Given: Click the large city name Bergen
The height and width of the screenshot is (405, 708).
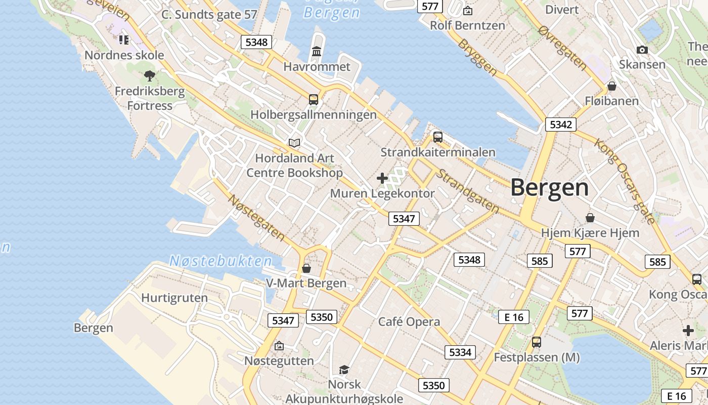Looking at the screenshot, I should [549, 188].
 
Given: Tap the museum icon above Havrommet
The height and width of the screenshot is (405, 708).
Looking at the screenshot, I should [317, 51].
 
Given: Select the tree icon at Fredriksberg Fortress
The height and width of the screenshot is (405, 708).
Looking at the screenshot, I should [149, 76].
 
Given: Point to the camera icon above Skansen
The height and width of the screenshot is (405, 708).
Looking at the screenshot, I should [642, 50].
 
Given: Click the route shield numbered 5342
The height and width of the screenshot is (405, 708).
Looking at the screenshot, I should [561, 125].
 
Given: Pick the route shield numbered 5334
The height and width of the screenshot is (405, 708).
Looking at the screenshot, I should [460, 352].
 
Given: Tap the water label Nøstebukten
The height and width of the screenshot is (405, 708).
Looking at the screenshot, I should [220, 261].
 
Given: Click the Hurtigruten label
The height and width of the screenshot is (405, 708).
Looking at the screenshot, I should [174, 298].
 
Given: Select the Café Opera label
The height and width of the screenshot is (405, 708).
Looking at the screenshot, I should [409, 321].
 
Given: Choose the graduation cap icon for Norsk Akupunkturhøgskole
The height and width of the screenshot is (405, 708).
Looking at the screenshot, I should [344, 370].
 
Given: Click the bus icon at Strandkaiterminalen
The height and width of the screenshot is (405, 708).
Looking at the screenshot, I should [438, 137].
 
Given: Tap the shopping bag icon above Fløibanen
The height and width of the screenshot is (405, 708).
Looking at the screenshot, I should [612, 86].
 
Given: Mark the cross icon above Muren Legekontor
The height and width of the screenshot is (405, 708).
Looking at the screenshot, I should [382, 178].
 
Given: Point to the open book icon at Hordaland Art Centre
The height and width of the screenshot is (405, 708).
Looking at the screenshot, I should [294, 143].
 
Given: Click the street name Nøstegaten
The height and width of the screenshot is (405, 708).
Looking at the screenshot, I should [256, 217].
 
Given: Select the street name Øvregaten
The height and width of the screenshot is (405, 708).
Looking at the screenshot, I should [563, 48].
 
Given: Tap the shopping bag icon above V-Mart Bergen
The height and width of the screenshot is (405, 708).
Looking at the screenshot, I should [306, 268].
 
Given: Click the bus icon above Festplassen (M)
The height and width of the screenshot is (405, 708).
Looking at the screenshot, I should [537, 342].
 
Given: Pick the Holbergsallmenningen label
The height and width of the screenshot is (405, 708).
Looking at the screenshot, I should [314, 115].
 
